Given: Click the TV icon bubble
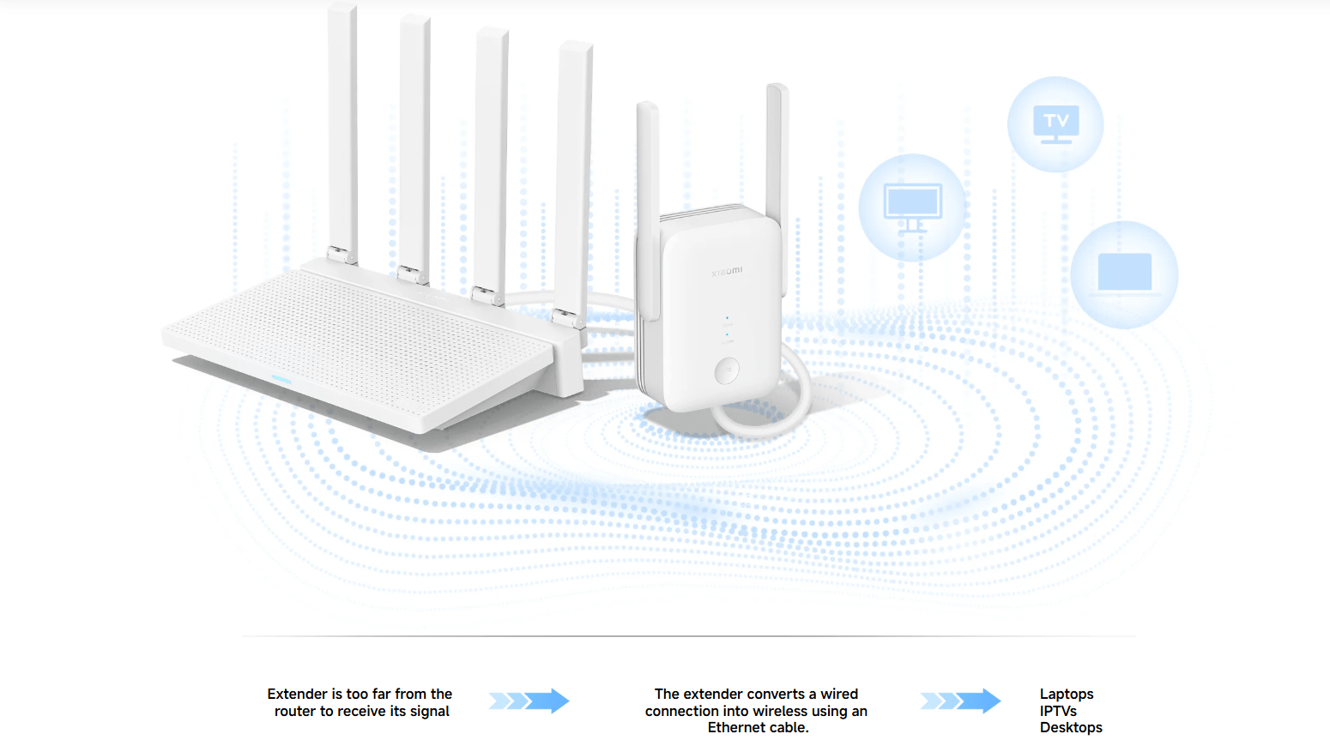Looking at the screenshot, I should click(1055, 124).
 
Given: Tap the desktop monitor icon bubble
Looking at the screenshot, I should click(912, 207).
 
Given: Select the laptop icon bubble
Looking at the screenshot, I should click(1124, 274).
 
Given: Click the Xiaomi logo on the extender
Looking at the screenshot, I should click(727, 272).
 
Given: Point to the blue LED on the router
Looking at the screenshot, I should click(281, 379).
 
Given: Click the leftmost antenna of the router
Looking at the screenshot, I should click(342, 129).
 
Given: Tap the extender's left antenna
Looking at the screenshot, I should click(647, 197).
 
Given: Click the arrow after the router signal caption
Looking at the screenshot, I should click(529, 701).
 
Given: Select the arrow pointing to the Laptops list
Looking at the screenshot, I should click(960, 701).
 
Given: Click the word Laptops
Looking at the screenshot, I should click(1067, 694).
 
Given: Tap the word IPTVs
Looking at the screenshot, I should click(1058, 711).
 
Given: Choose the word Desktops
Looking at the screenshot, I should click(1071, 727).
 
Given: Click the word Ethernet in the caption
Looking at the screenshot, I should click(736, 727).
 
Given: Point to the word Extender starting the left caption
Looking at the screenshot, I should click(297, 694).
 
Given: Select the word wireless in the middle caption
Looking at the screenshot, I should click(779, 711).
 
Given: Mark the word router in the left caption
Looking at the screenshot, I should click(294, 711).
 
